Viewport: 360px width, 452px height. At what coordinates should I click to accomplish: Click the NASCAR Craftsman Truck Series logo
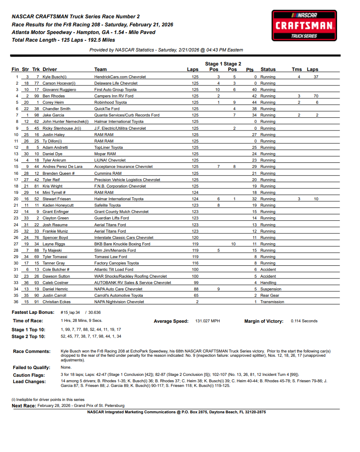304,26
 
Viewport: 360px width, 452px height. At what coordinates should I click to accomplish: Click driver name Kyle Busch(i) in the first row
54,77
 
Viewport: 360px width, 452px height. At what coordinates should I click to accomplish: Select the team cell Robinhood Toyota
111,102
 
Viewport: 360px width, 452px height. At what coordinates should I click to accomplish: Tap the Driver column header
50,69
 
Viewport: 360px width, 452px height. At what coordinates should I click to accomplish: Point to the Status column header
268,69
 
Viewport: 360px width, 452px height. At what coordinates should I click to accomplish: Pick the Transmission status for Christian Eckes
272,302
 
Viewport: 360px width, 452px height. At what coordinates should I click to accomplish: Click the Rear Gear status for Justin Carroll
269,296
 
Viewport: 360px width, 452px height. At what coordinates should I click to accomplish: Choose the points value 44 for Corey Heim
255,102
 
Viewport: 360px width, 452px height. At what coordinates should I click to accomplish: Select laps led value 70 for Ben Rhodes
316,96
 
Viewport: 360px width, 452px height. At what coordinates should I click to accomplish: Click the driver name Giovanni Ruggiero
60,90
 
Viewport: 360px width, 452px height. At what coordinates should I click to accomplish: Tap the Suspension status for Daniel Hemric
271,289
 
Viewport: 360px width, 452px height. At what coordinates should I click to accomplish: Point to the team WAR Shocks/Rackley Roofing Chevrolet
130,276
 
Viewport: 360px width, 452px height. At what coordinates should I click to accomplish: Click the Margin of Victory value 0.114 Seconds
304,321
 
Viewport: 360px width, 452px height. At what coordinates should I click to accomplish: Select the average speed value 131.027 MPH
207,321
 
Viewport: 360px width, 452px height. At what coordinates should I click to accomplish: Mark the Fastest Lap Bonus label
32,313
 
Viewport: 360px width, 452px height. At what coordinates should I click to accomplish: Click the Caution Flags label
28,375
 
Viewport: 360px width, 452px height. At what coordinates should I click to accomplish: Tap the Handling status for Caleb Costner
268,283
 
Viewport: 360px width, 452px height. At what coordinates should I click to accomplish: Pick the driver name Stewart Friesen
56,199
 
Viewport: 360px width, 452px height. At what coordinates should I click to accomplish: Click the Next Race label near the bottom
23,406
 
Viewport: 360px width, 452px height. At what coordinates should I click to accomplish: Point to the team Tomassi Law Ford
111,257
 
